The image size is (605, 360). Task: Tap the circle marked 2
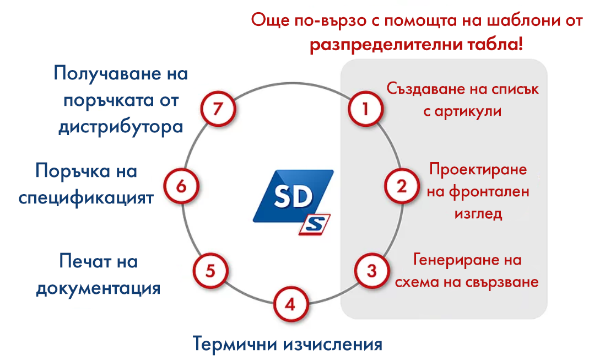402,186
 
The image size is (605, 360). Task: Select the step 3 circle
371,271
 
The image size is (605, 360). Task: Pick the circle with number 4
290,304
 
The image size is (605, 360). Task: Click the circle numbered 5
210,271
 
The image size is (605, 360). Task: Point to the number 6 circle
181,186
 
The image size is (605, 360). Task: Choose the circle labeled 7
218,109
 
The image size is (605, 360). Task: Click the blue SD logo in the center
293,196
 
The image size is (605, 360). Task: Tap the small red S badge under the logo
315,224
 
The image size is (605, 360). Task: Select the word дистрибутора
121,127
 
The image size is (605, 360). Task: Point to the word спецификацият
86,197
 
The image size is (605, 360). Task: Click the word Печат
84,261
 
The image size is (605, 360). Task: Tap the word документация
98,289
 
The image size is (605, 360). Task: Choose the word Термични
235,343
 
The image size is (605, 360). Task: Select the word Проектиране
478,169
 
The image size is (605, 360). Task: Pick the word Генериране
452,260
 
